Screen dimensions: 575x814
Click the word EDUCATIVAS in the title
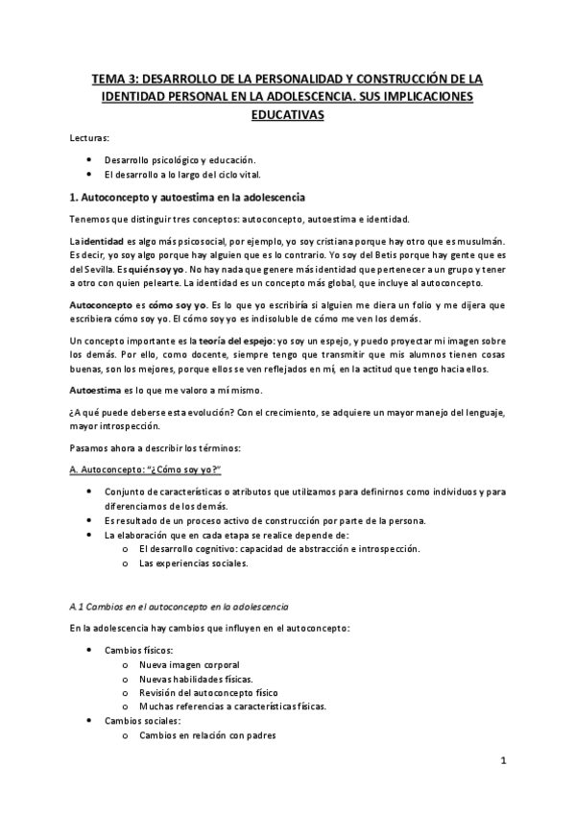tap(286, 116)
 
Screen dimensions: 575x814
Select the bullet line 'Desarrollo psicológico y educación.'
tap(173, 159)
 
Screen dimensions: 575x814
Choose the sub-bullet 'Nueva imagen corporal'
tap(189, 665)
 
